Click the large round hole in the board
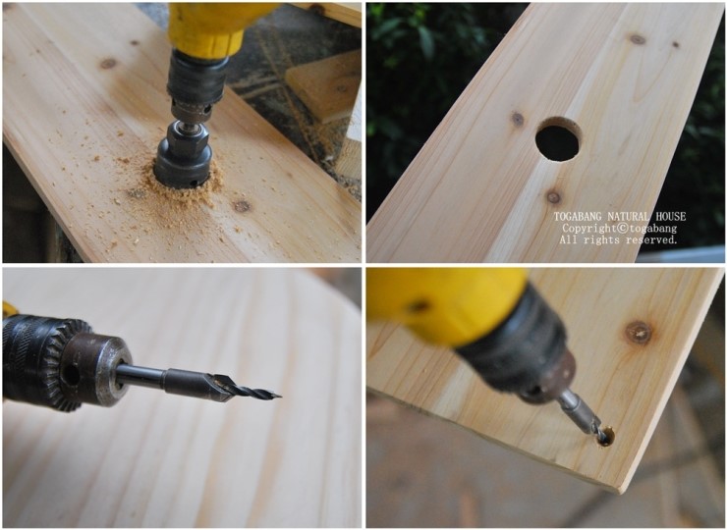coord(558,139)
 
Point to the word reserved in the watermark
coord(651,240)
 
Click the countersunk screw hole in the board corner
coord(605,436)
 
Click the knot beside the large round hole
coord(518,120)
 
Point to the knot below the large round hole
coord(553,197)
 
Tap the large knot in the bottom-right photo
coord(639,333)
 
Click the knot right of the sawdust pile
coord(242,206)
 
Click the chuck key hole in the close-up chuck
coord(71,374)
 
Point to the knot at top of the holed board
coord(638,39)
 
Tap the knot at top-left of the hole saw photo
coord(108,63)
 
